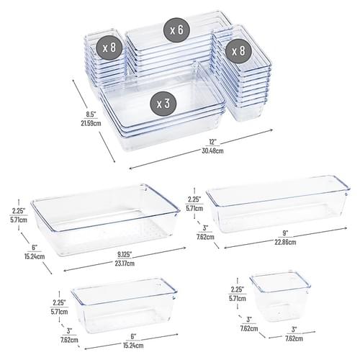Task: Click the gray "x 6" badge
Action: pos(176,30)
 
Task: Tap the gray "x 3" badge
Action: pos(163,104)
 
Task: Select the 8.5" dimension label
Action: pos(91,114)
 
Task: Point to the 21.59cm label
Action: pos(91,123)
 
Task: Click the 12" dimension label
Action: pos(212,142)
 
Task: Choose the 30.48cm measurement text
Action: pos(212,150)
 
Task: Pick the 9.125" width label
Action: pos(125,254)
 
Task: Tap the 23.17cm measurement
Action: pos(125,264)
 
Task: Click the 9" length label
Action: pos(285,233)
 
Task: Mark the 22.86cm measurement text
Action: pos(285,242)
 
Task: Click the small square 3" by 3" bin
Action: pos(280,296)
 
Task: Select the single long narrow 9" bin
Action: pos(278,204)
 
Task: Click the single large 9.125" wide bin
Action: pos(105,220)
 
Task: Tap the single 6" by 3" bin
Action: pos(124,305)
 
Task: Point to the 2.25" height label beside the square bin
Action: pos(237,289)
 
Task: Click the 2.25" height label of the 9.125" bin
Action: pos(19,211)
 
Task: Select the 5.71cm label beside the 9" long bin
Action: pos(194,208)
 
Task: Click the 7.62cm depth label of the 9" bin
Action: pos(205,237)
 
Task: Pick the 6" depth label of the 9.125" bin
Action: pos(35,247)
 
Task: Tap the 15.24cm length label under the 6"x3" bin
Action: pos(133,346)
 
